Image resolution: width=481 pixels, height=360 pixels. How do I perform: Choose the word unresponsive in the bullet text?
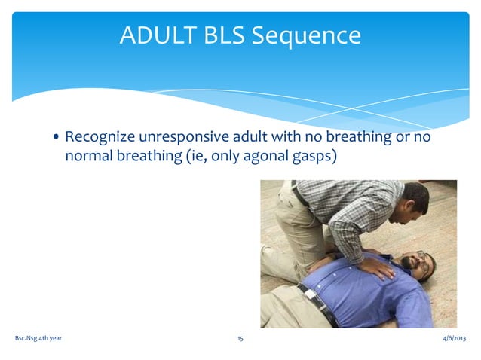185,138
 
